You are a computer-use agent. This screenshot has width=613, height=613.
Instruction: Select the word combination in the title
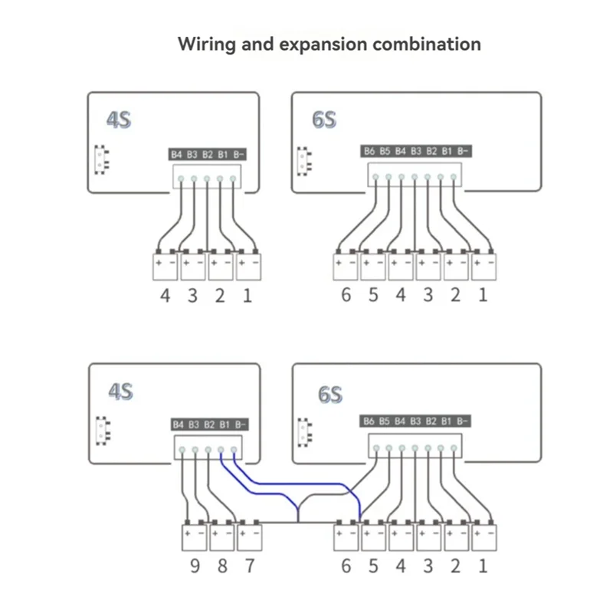tap(427, 44)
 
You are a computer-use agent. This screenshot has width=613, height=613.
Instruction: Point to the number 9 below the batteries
tap(194, 567)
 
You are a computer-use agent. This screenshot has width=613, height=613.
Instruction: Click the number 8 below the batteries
tap(221, 567)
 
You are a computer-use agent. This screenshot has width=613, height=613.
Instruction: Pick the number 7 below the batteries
tap(248, 567)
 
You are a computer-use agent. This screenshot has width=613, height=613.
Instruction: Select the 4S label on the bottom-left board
tap(119, 392)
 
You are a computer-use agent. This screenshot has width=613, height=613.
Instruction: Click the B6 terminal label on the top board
tap(370, 151)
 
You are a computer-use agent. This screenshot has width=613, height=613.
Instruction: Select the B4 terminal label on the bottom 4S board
tap(178, 423)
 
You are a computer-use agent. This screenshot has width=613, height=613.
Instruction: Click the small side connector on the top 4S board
tap(99, 159)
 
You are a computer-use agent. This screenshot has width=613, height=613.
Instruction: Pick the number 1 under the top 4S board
tap(247, 295)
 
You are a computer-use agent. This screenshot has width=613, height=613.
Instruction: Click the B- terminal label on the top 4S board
tap(239, 155)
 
